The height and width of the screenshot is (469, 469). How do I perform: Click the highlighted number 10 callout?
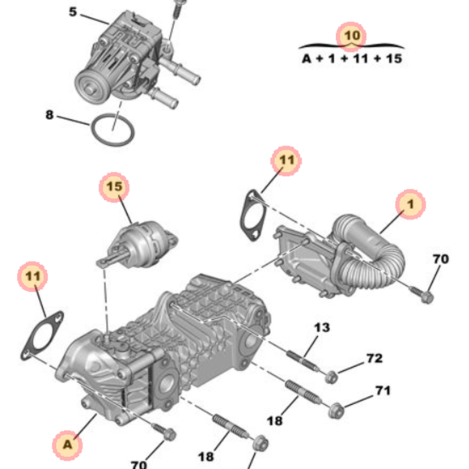352,36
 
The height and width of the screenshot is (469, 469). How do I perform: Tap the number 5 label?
73,12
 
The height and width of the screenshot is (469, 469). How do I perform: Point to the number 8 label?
50,114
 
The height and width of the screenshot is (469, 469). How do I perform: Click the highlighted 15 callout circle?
114,187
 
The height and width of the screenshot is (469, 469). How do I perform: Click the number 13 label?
322,327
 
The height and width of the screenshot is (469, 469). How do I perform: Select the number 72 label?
374,358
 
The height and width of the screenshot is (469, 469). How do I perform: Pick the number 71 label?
383,390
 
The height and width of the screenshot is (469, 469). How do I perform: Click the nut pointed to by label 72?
332,375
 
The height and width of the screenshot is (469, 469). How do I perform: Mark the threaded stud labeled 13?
301,362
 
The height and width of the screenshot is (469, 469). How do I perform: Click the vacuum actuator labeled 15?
143,242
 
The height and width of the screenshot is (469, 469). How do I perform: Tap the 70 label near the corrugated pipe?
440,258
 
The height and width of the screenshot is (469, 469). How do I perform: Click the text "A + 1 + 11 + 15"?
352,59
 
